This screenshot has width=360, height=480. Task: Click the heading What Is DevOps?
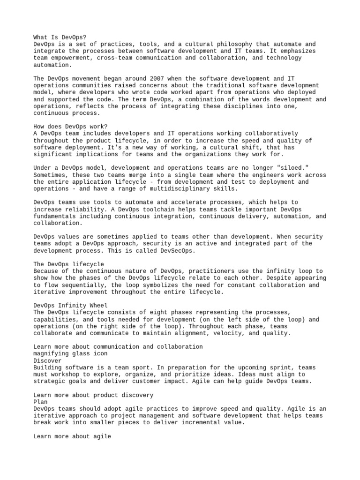pos(60,37)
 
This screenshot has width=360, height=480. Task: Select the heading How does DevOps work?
pos(70,127)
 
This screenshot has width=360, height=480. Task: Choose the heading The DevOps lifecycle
pos(68,264)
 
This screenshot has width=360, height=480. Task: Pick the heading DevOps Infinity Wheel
pos(70,306)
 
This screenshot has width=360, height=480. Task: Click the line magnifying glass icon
pos(70,353)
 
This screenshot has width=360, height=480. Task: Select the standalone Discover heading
pos(47,360)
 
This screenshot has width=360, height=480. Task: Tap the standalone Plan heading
pos(41,402)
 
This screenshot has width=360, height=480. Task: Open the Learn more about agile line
pos(72,436)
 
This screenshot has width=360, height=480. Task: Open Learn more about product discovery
pos(93,395)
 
